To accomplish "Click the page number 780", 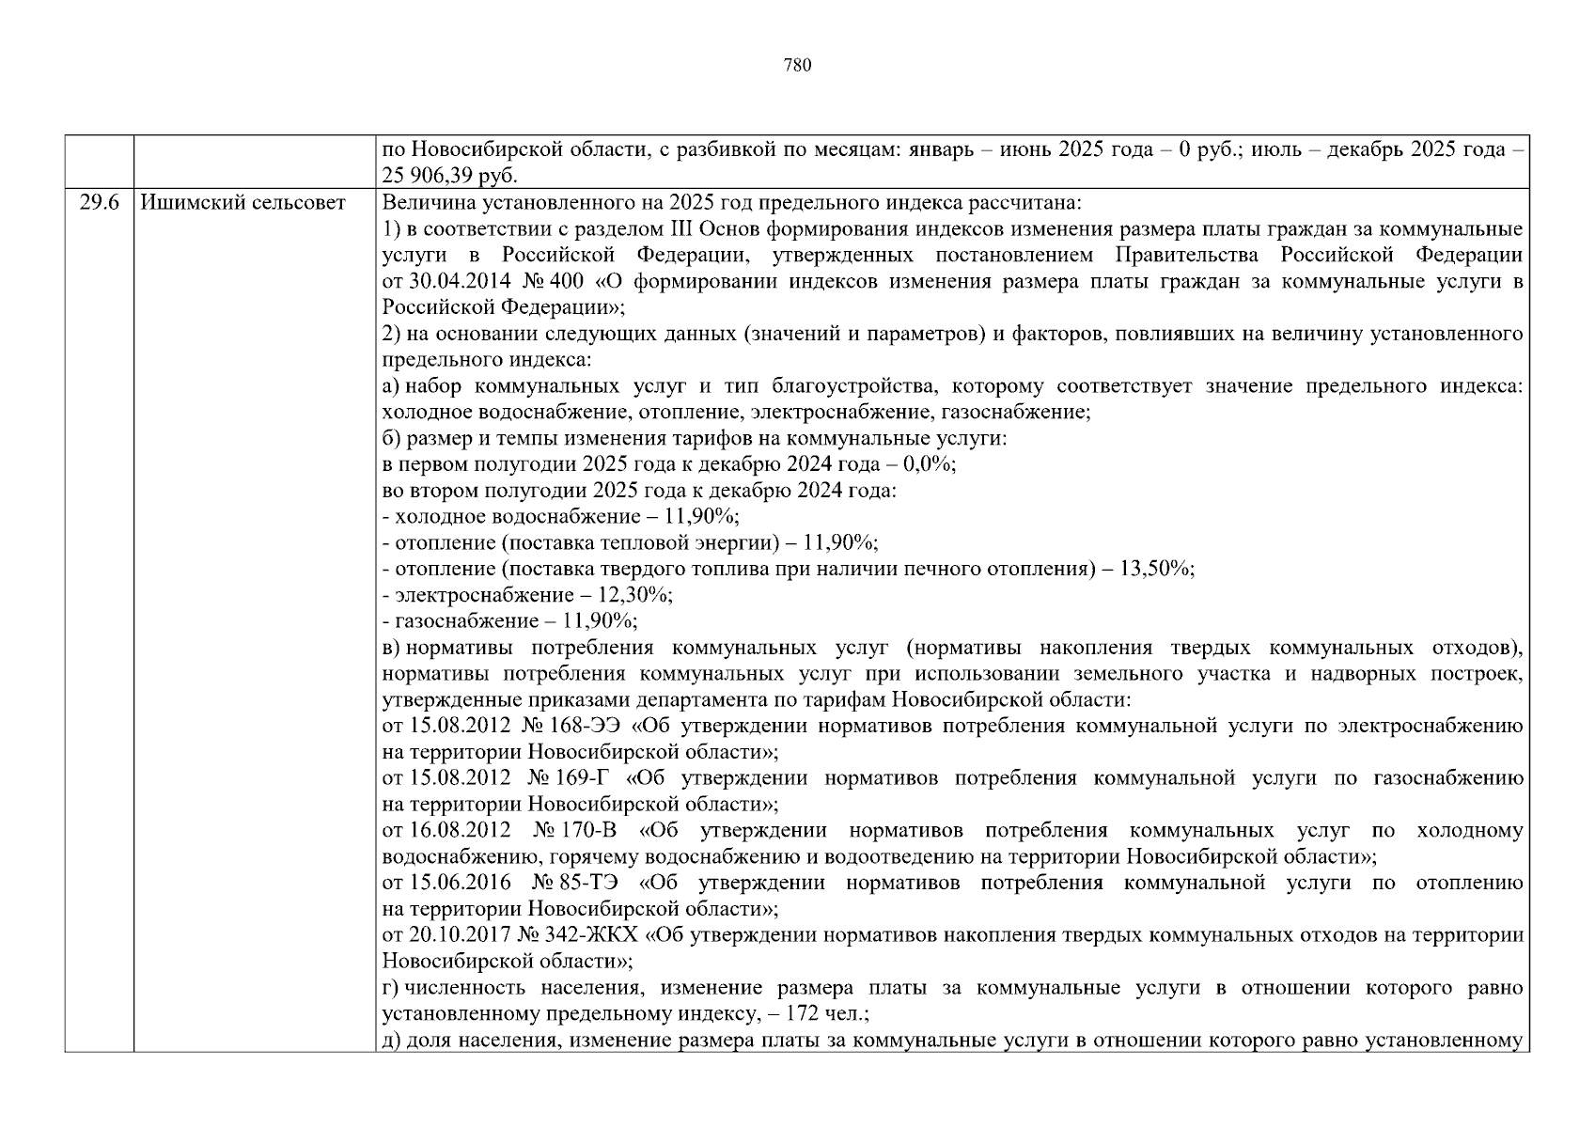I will (796, 65).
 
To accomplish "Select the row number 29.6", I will (99, 203).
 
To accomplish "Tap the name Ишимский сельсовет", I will (242, 203).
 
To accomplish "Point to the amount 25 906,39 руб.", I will (450, 177).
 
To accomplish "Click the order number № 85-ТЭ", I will (574, 884).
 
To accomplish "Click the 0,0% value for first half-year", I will (929, 464).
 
